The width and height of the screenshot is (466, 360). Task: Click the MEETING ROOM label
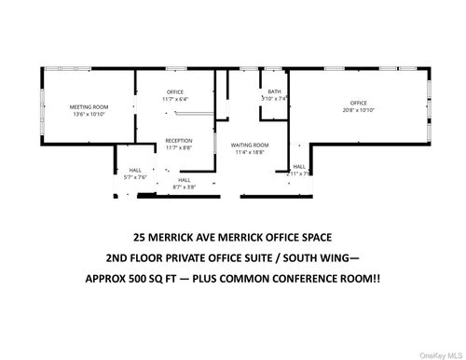89,107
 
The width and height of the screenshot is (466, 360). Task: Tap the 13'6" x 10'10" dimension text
89,115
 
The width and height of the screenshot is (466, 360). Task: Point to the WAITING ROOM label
250,145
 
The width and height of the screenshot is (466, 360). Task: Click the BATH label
274,91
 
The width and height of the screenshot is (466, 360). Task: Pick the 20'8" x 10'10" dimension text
359,110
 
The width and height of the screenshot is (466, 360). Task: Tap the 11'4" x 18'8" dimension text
250,152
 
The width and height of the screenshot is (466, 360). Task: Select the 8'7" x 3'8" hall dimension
185,187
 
